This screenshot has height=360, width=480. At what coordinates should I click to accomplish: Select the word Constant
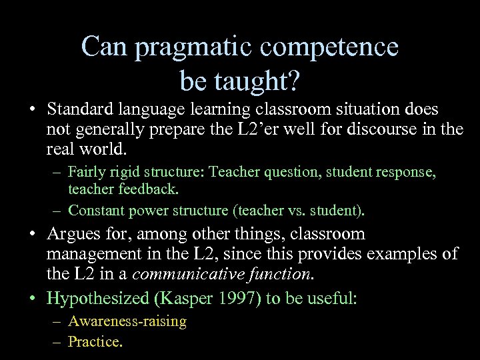tap(99, 211)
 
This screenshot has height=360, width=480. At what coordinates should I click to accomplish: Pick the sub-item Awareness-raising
tap(127, 322)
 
